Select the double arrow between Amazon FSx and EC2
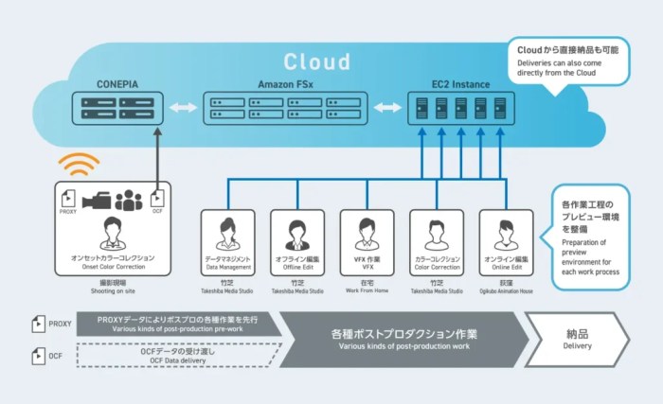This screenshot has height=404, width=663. tap(386, 109)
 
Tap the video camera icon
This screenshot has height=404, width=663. tap(96, 200)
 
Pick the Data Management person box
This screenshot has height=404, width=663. tap(226, 240)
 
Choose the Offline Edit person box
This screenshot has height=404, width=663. tap(296, 240)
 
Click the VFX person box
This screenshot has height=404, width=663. tap(367, 240)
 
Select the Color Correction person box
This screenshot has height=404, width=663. tap(437, 240)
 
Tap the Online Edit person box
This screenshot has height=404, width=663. tap(506, 240)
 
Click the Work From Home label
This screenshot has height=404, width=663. tap(367, 291)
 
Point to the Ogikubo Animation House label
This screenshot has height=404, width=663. tap(506, 291)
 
